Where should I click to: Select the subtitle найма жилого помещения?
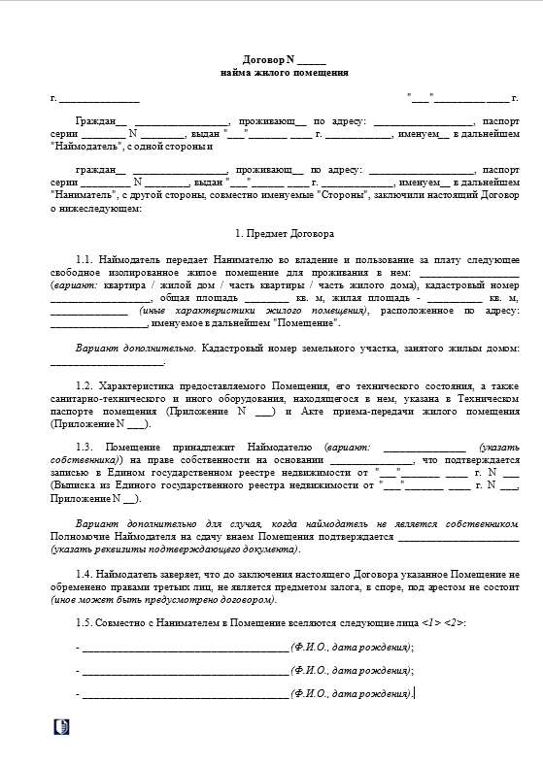click(284, 74)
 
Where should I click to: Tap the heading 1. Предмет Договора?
click(284, 234)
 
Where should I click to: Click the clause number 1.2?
click(85, 385)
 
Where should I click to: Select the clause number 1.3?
click(85, 448)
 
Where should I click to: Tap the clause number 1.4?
click(85, 576)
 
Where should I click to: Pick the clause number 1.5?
click(85, 621)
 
